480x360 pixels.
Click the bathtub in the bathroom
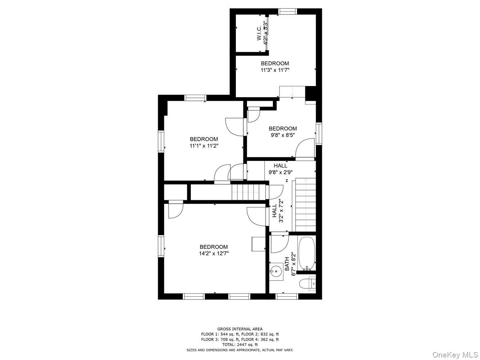pyautogui.click(x=307, y=253)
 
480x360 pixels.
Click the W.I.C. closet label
pyautogui.click(x=259, y=33)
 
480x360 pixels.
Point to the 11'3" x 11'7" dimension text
pyautogui.click(x=275, y=70)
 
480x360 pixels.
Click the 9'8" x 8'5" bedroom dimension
pyautogui.click(x=283, y=135)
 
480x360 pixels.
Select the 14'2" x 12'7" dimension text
pyautogui.click(x=214, y=253)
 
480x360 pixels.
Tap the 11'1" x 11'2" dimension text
pyautogui.click(x=204, y=146)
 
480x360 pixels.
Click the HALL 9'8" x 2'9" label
pyautogui.click(x=280, y=169)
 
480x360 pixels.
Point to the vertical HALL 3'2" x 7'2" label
pyautogui.click(x=278, y=211)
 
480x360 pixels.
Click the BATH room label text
pyautogui.click(x=287, y=264)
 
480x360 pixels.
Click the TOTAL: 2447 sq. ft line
pyautogui.click(x=240, y=345)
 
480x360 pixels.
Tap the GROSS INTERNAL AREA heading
pyautogui.click(x=240, y=329)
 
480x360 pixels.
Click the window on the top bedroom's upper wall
pyautogui.click(x=288, y=12)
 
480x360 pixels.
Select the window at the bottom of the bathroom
pyautogui.click(x=287, y=296)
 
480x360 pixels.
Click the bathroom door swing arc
pyautogui.click(x=279, y=244)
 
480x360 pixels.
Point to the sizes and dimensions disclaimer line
pyautogui.click(x=240, y=350)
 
